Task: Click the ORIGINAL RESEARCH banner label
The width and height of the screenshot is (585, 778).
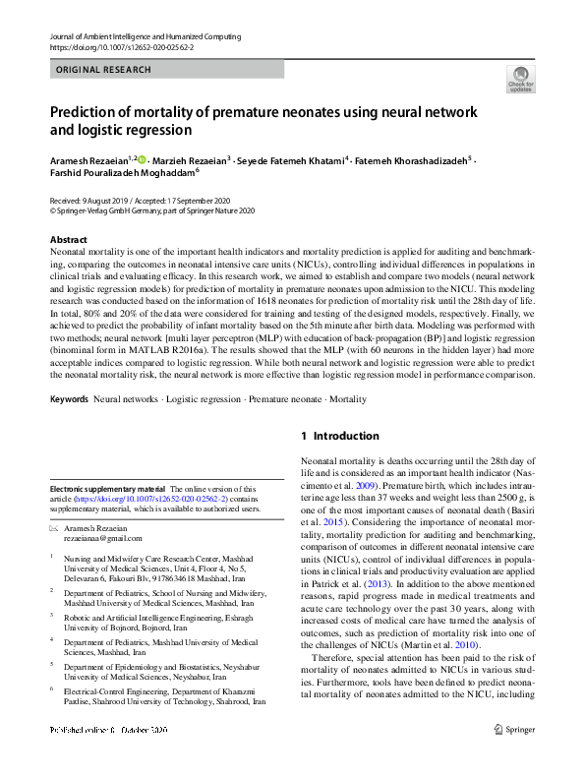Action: (104, 70)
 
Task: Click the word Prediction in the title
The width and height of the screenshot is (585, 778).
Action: (91, 112)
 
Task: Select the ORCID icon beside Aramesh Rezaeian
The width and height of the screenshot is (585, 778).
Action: (142, 158)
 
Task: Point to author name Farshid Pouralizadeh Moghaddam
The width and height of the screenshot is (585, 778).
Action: (122, 171)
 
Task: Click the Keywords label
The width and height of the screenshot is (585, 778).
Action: (69, 399)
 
